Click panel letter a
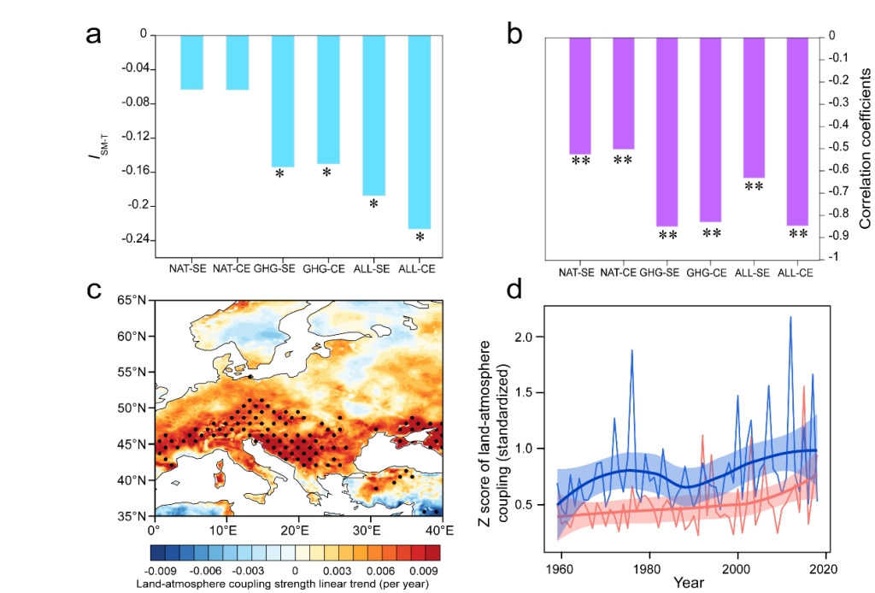96,36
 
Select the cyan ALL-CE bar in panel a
420,132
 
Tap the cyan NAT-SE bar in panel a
191,62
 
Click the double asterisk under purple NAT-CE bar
623,160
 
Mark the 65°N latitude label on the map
135,300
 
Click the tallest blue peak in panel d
790,317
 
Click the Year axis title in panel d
688,584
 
